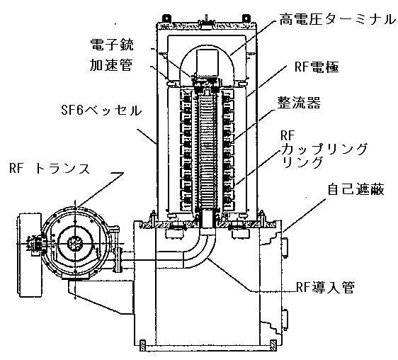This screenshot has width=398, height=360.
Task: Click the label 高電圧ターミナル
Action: pos(337,20)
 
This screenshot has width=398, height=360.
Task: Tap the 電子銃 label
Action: pos(112,45)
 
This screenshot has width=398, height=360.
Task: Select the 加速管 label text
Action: pos(111,65)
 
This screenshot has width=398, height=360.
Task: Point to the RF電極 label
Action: pos(317,67)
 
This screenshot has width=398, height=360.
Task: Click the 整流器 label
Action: pos(299,103)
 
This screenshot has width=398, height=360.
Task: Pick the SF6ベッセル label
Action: pos(101,111)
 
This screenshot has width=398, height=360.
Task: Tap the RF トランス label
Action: pos(50,168)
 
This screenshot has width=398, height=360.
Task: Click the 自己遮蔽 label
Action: pos(356,189)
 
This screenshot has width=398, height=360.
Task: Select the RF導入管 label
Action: pos(325,287)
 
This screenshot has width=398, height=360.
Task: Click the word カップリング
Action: pos(324,149)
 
